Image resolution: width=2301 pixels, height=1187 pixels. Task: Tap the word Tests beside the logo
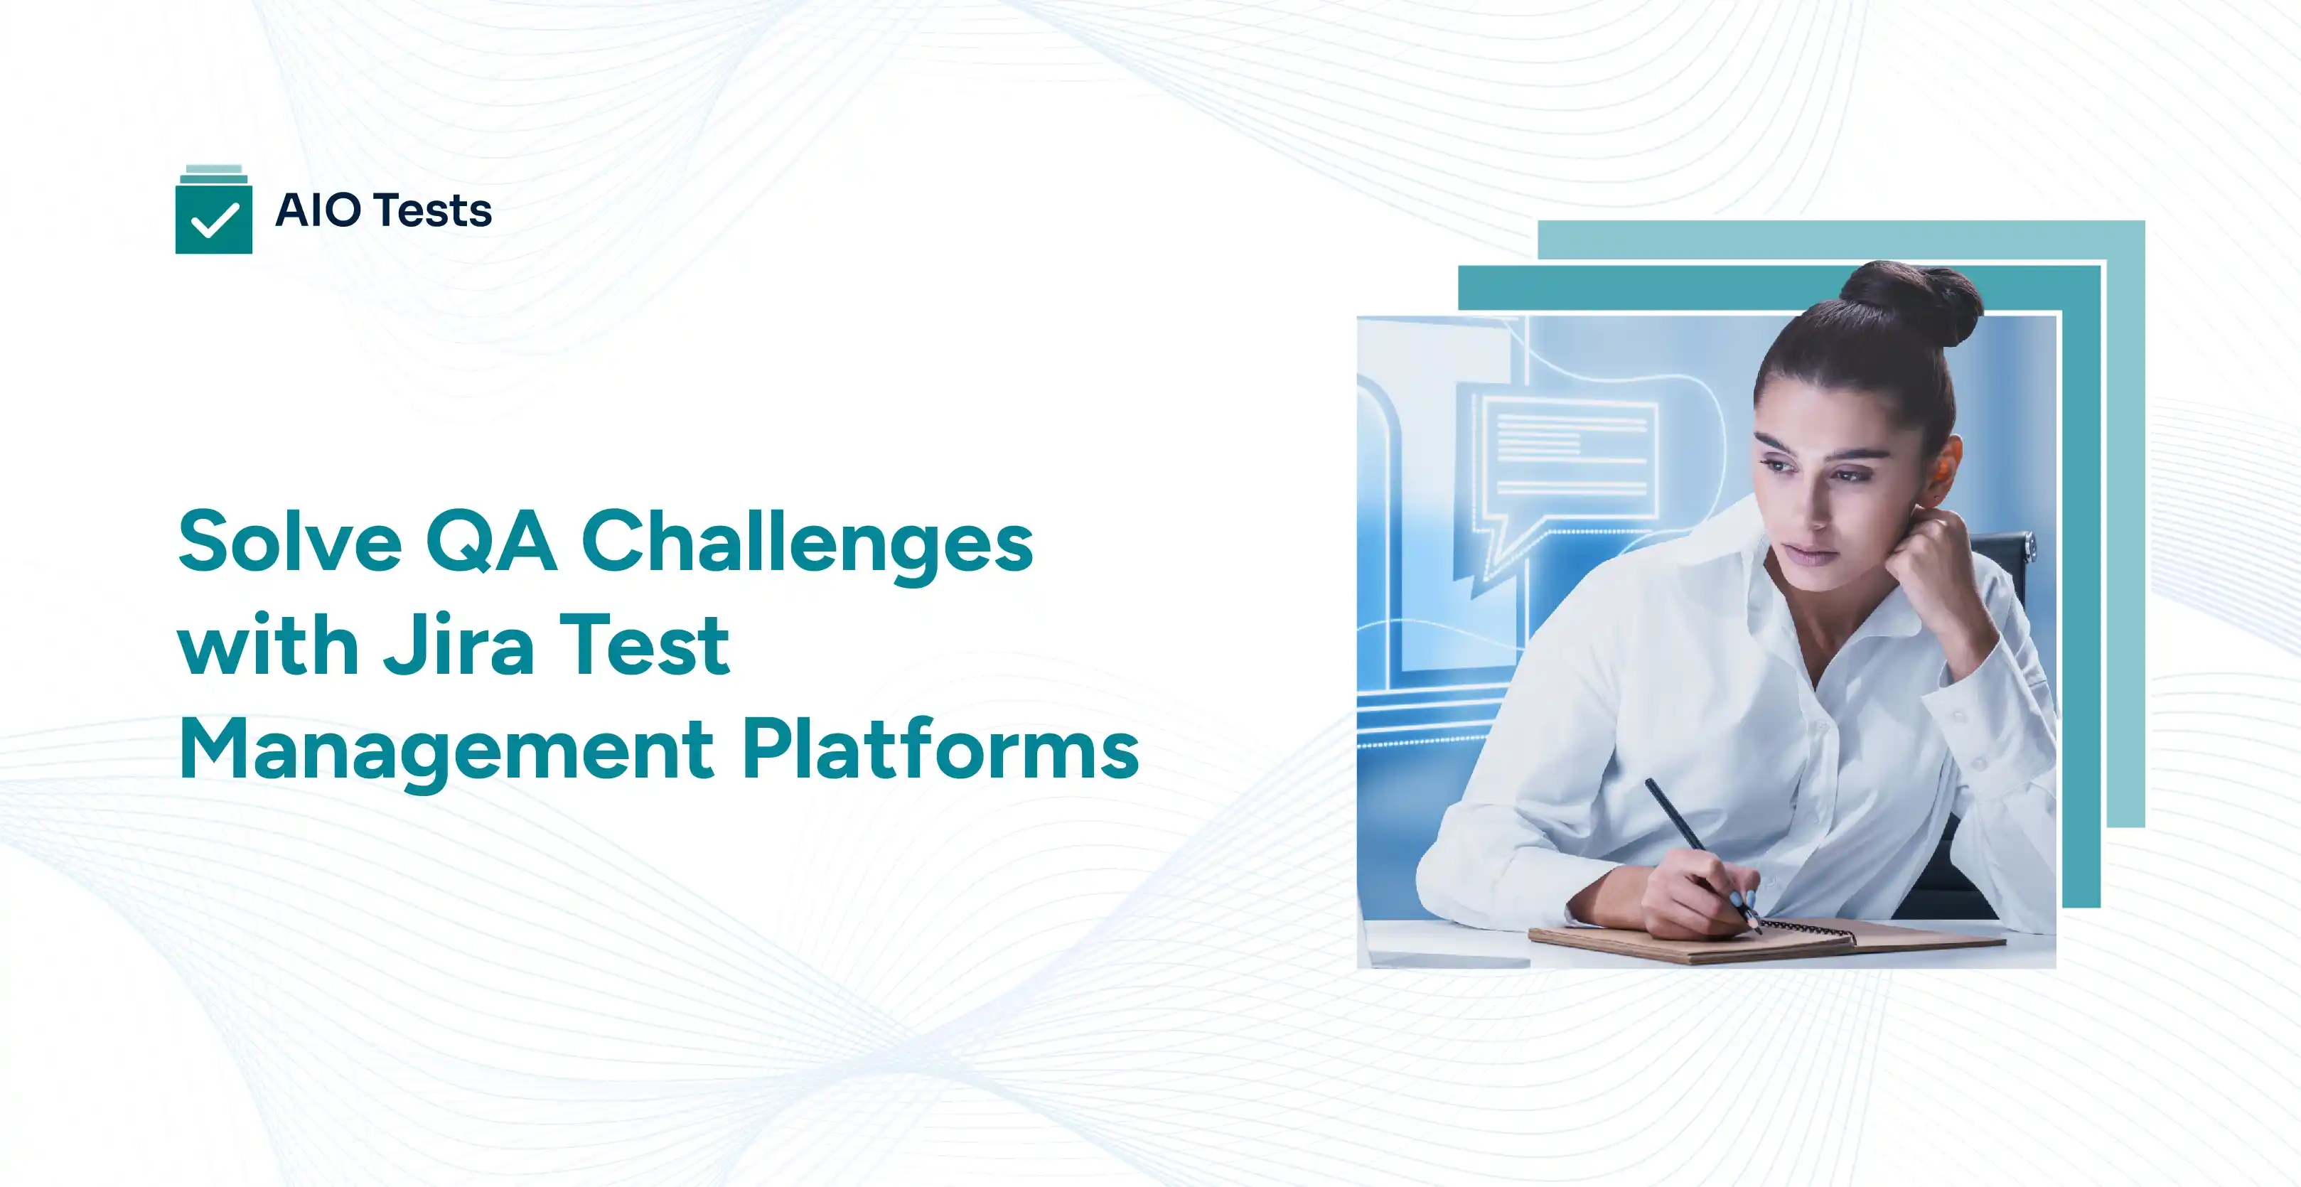click(x=433, y=211)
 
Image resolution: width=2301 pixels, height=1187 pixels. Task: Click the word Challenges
click(x=808, y=542)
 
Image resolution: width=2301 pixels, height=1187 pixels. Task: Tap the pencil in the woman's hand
click(x=1697, y=849)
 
